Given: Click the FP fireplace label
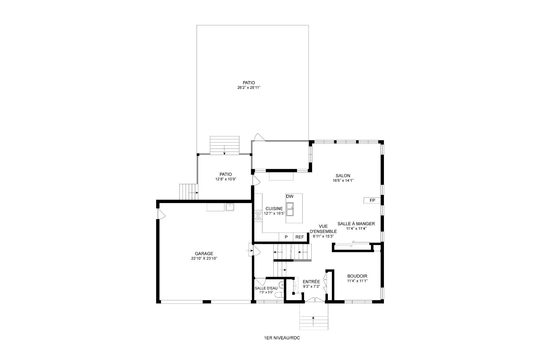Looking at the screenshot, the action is [372, 200].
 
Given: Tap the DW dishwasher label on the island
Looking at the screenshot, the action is [290, 196].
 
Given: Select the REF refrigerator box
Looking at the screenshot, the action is [300, 237].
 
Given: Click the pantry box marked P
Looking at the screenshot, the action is [286, 237].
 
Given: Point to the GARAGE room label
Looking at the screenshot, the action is [204, 253].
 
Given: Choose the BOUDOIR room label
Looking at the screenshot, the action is [357, 276].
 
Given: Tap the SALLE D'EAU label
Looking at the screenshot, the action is [266, 288].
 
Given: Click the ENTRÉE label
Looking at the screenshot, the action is [311, 282].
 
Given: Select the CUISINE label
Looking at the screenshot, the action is [274, 208].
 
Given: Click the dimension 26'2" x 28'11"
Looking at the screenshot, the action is [249, 87].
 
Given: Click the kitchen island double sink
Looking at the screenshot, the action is [290, 209].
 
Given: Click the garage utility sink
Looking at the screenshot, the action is [230, 207].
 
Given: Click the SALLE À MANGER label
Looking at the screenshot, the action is [356, 224].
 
